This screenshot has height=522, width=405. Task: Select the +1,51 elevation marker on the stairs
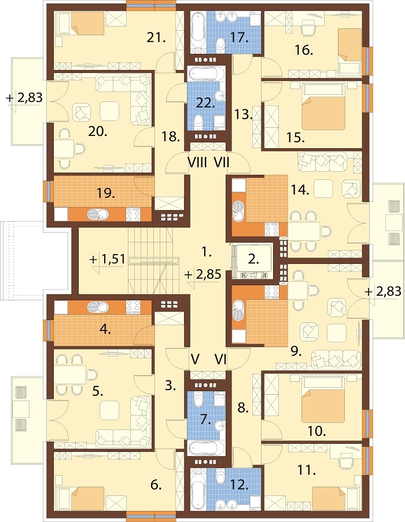pos(108,259)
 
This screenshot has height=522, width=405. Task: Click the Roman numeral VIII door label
pos(197,163)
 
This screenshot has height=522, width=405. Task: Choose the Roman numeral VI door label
pos(220,359)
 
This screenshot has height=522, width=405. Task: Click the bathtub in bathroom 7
pos(207,449)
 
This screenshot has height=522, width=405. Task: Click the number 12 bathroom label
pos(239,485)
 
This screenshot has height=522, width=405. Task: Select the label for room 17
pos(239,38)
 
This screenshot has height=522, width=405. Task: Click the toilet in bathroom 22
pos(198,123)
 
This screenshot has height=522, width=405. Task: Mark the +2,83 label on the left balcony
pos(24,98)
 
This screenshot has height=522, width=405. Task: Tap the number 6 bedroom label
pos(156,485)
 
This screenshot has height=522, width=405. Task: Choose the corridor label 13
pos(243,115)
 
